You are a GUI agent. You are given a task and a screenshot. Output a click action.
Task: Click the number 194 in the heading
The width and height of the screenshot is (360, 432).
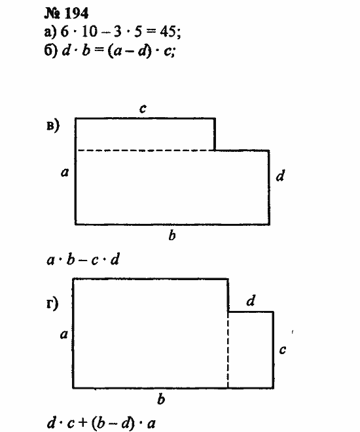tap(76, 13)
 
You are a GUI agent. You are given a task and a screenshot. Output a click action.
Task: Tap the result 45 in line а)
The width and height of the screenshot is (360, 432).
tap(168, 31)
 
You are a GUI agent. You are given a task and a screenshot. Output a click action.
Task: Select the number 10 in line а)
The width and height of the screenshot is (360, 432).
tap(90, 31)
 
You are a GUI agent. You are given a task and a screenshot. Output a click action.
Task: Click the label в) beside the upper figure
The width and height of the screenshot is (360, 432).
tap(52, 126)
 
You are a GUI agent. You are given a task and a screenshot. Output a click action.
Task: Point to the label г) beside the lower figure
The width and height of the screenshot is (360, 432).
tap(52, 304)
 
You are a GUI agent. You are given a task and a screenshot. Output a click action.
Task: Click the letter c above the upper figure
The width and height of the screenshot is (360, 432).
tap(143, 108)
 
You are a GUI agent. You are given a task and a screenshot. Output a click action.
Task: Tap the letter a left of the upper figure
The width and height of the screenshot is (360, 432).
tap(64, 172)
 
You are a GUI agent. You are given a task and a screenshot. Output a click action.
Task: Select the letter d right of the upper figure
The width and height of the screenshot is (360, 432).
tap(280, 175)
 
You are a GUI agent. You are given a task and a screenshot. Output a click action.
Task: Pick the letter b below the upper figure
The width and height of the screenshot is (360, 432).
tap(172, 235)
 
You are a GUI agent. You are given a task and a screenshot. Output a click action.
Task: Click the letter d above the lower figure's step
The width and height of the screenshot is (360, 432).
tap(251, 300)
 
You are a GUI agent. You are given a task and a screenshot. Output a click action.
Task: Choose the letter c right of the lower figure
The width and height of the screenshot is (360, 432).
tap(282, 350)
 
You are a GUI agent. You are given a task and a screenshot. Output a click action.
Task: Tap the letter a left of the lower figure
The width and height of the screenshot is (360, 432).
tap(63, 334)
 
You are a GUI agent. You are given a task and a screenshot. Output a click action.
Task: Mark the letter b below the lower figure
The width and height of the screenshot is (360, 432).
tap(161, 399)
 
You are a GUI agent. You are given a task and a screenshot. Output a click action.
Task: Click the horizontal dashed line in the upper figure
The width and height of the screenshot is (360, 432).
tap(146, 151)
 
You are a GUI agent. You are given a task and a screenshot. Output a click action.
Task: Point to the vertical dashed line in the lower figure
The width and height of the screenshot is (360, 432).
tap(228, 350)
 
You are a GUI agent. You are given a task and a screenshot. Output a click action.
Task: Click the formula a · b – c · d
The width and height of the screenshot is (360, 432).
tap(83, 260)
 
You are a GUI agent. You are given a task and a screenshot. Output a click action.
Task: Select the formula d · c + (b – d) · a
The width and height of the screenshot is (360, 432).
tap(101, 423)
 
